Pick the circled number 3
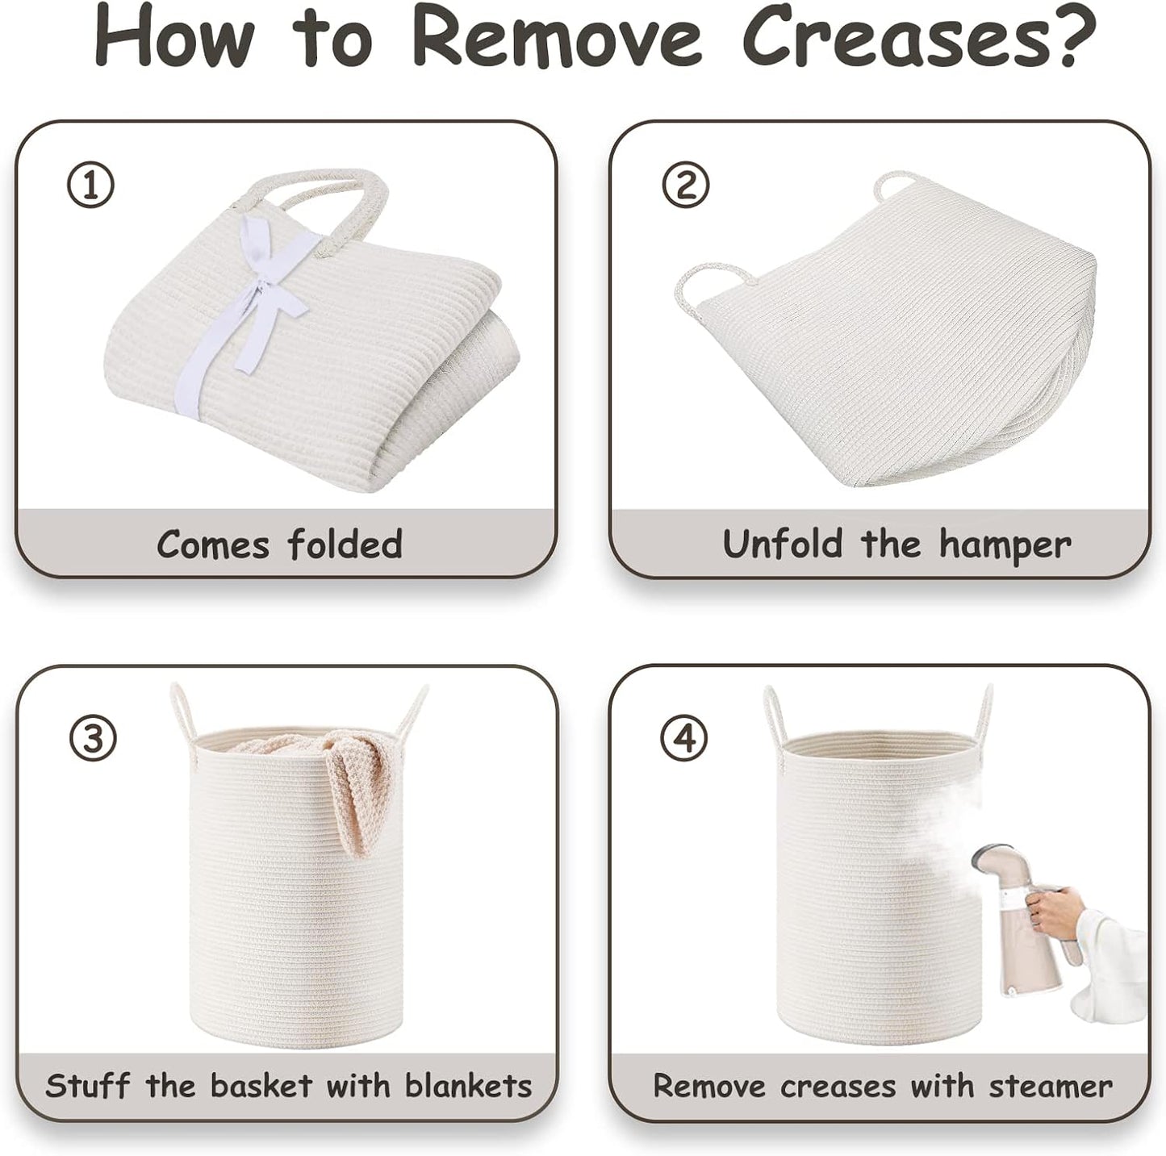pos(91,738)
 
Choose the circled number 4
pos(684,738)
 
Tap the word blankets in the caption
pos(468,1086)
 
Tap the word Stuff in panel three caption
pos(87,1086)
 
